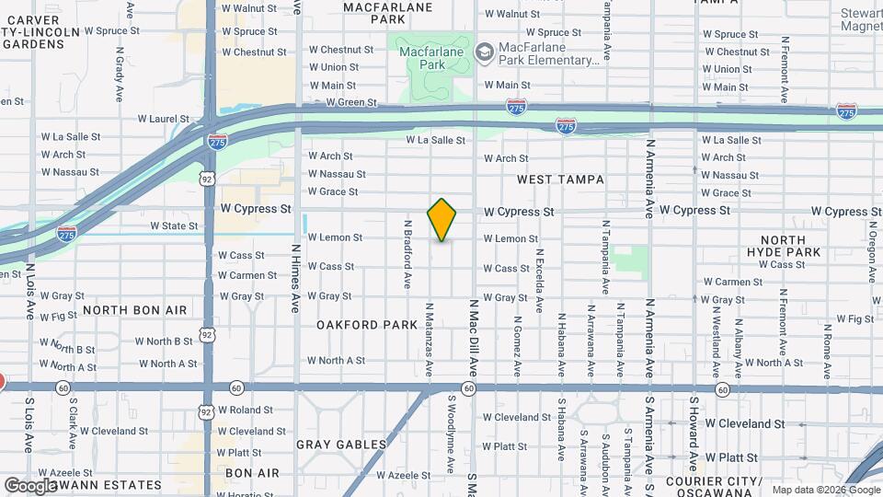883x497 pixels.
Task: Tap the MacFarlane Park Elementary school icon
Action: pos(485,52)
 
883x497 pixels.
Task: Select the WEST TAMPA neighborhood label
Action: pos(560,179)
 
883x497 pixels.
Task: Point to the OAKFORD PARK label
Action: pos(367,325)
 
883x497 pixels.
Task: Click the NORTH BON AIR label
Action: pos(134,311)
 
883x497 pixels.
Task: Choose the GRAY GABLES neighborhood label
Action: pos(341,445)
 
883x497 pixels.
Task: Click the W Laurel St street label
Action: pos(164,119)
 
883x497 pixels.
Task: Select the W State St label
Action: pos(174,225)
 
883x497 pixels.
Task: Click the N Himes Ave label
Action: pos(295,278)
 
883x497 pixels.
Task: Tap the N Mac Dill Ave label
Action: pos(474,337)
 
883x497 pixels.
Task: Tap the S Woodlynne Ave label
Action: pos(452,433)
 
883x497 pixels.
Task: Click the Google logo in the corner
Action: pos(30,485)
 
